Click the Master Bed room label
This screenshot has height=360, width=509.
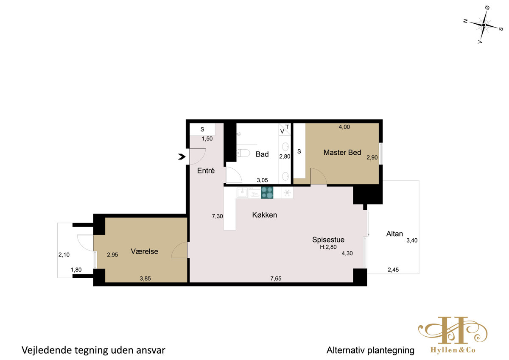coord(342,152)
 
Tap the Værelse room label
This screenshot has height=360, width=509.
coord(144,251)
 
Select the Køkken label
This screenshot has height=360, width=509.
coord(265,215)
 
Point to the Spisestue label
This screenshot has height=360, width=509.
coord(328,240)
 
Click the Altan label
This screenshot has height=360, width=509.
coord(394,234)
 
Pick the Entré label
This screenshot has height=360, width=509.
coord(206,170)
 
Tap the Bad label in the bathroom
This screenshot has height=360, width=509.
coord(262,154)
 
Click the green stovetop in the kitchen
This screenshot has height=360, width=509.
coord(267,193)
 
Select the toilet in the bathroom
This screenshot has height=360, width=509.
coord(243,153)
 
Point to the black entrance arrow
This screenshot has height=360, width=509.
coord(182,157)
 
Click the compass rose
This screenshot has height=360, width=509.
coord(483,25)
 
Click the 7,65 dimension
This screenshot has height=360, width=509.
coord(276,279)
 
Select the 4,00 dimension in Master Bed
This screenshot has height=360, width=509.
coord(344,127)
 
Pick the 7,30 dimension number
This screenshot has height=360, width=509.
coord(217,216)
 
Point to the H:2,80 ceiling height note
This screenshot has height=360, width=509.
coord(328,247)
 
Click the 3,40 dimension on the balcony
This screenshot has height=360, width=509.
coord(412,240)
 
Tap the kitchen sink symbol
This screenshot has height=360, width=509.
coord(242,193)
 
